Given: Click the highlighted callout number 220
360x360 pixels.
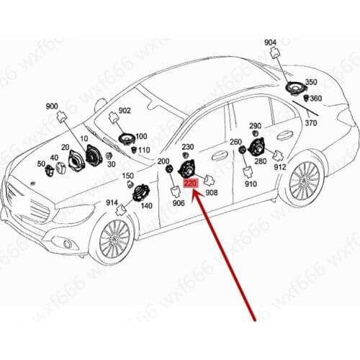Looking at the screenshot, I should tap(191, 184).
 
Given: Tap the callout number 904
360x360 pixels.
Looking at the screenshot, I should tap(270, 42).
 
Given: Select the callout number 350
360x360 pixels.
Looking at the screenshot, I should tap(311, 82).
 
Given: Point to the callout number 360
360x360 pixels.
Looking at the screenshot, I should tap(316, 99).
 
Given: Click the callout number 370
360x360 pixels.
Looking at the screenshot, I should tap(310, 123).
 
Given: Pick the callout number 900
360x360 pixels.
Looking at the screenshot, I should tap(52, 107).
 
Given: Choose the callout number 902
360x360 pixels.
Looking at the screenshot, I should tap(125, 110).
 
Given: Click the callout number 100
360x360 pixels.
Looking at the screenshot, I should tap(141, 136).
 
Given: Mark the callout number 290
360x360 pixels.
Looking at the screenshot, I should tap(256, 127).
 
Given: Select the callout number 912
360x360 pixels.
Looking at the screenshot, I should tap(280, 167).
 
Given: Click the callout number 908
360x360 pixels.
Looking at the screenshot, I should tap(212, 193).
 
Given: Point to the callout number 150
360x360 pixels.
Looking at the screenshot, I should tap(127, 176).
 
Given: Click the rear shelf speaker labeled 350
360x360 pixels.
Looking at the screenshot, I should tap(294, 89).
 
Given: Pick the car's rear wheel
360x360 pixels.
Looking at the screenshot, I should tap(302, 181).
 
